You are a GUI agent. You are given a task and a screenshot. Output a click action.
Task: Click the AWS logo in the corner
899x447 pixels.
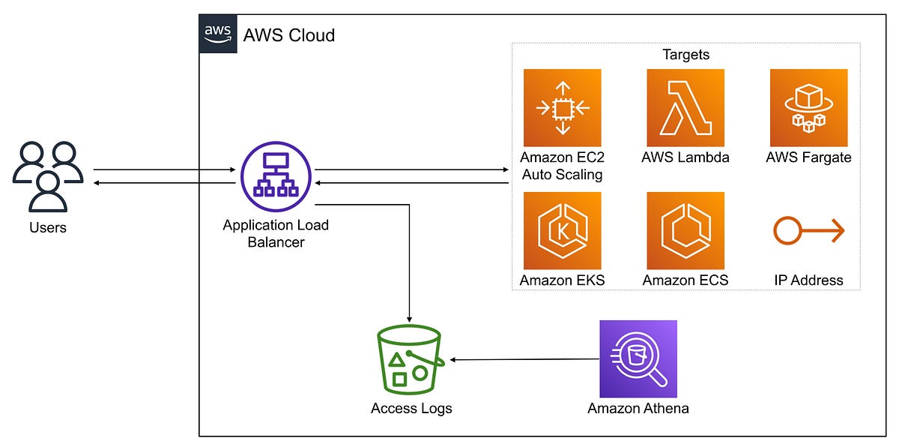[x=218, y=34]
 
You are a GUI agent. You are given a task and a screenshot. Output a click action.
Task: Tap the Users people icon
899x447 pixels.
[x=48, y=177]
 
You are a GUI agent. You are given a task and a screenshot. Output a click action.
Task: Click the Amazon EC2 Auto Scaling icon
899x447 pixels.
[x=562, y=108]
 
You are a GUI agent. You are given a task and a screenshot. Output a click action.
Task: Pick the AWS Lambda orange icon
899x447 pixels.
[x=685, y=108]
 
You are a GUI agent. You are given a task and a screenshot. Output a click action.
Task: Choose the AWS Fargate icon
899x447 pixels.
[x=808, y=108]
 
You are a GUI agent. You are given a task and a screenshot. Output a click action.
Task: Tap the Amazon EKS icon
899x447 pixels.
[x=562, y=231]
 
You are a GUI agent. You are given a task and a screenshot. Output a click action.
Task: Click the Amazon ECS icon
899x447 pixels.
[x=685, y=231]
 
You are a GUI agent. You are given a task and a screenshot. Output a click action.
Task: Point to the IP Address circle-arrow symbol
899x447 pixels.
[x=808, y=231]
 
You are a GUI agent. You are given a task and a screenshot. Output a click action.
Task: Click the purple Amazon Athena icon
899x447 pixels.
[x=638, y=359]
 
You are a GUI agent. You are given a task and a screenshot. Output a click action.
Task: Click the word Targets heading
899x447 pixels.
[x=685, y=55]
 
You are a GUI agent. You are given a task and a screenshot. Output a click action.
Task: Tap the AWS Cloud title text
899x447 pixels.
[x=289, y=35]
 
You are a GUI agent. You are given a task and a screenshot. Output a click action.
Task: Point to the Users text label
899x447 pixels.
[x=48, y=227]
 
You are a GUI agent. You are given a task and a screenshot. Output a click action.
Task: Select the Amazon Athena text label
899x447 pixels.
[x=638, y=409]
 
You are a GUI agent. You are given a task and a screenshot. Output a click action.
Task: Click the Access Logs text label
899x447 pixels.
[x=411, y=409]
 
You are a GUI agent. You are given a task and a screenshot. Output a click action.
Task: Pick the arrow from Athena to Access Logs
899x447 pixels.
[x=524, y=360]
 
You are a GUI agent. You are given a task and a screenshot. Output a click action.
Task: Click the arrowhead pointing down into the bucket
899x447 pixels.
[x=410, y=318]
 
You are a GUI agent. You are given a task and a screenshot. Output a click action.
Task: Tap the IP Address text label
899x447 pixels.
[x=808, y=280]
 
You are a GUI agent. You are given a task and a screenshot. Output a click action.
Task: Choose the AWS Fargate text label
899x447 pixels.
[x=808, y=157]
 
